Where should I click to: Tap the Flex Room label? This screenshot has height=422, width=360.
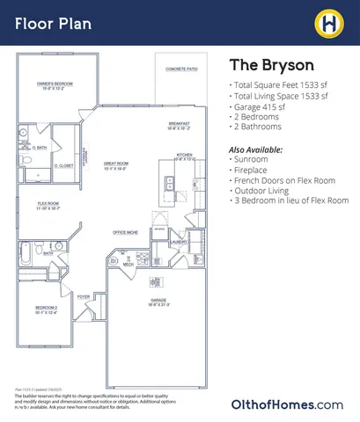click(x=48, y=207)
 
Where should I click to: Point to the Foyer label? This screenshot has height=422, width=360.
click(x=84, y=297)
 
